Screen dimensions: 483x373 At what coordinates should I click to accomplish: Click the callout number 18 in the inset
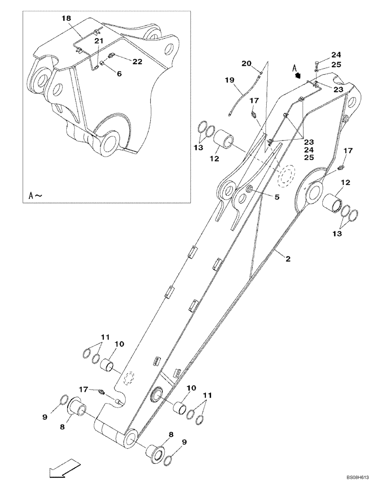click(66, 18)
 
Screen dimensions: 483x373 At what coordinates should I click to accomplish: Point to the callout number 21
click(99, 42)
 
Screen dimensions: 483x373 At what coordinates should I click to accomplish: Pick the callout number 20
click(246, 63)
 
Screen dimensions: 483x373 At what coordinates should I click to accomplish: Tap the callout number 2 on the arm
click(287, 259)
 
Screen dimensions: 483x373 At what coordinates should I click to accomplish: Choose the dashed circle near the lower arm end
click(129, 378)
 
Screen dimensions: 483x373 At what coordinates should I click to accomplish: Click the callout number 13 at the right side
click(337, 233)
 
